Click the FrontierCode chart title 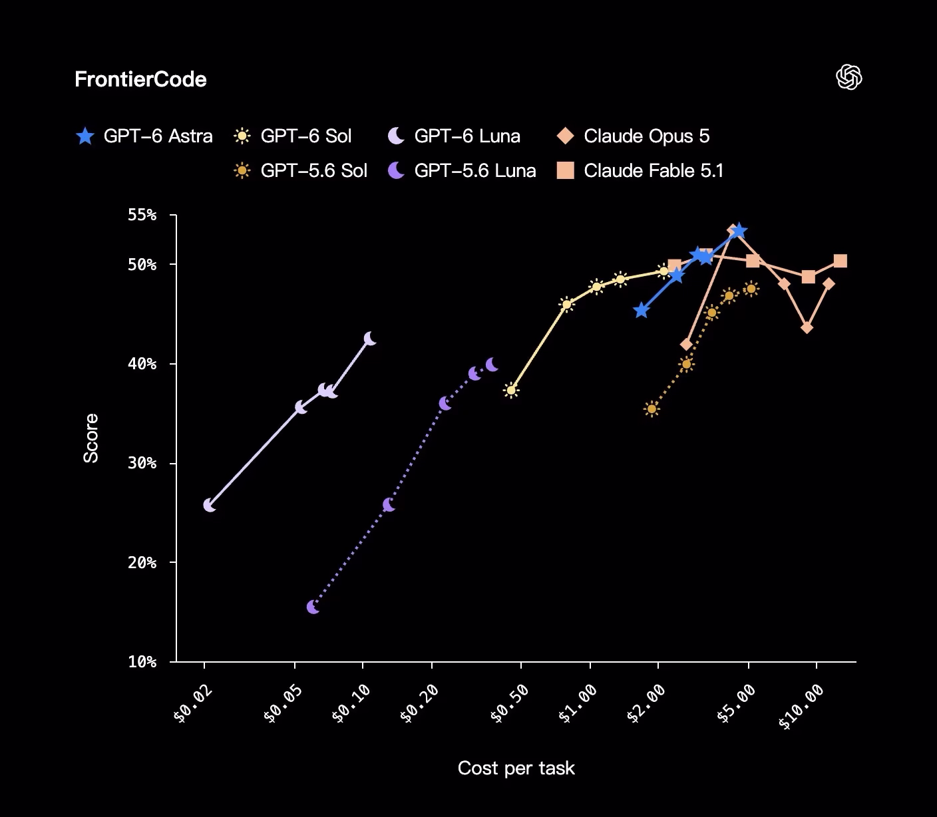pyautogui.click(x=140, y=79)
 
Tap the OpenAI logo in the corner pyautogui.click(x=848, y=77)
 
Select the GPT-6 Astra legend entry pyautogui.click(x=144, y=136)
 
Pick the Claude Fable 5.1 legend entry pyautogui.click(x=640, y=171)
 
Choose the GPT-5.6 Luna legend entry pyautogui.click(x=462, y=171)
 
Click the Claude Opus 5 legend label pyautogui.click(x=647, y=136)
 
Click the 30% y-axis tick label pyautogui.click(x=142, y=463)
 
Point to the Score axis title pyautogui.click(x=91, y=438)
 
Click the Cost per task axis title pyautogui.click(x=516, y=768)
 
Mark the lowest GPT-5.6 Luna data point pyautogui.click(x=313, y=607)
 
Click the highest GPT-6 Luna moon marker pyautogui.click(x=370, y=339)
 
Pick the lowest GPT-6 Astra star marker pyautogui.click(x=642, y=310)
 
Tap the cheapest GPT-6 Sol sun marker pyautogui.click(x=511, y=391)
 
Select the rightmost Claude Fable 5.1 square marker pyautogui.click(x=840, y=261)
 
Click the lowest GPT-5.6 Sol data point pyautogui.click(x=652, y=408)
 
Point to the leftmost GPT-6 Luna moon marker pyautogui.click(x=209, y=506)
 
